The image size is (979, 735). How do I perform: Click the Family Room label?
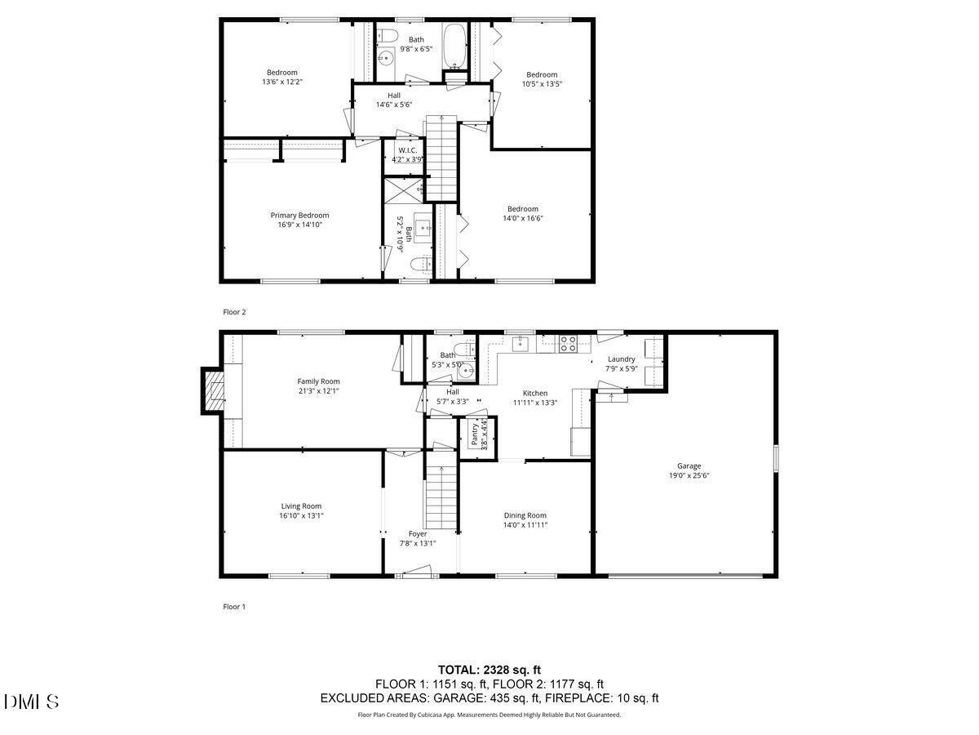(318, 381)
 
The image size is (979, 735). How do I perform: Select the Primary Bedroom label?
(299, 216)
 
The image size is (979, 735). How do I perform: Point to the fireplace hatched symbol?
(214, 391)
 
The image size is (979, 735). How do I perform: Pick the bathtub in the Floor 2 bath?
(454, 40)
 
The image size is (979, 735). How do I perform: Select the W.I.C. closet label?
(408, 150)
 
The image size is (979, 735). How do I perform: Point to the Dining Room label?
(525, 515)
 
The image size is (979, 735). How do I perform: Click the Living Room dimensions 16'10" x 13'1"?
(301, 515)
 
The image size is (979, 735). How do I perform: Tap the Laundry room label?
(621, 359)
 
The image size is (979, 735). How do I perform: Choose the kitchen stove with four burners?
(568, 343)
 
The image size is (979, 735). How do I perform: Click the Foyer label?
(418, 534)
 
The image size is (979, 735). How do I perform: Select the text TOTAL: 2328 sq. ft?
(489, 669)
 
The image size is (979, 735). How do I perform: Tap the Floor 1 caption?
(234, 607)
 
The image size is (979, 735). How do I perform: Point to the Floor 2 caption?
(234, 312)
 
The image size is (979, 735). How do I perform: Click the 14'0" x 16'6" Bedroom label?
(522, 213)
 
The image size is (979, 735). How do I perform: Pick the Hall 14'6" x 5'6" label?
(393, 100)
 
